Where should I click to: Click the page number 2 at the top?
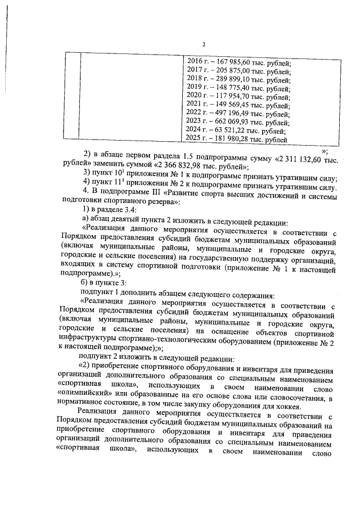(204, 45)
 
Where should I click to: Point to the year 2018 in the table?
(193, 79)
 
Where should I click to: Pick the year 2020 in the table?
(193, 96)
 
